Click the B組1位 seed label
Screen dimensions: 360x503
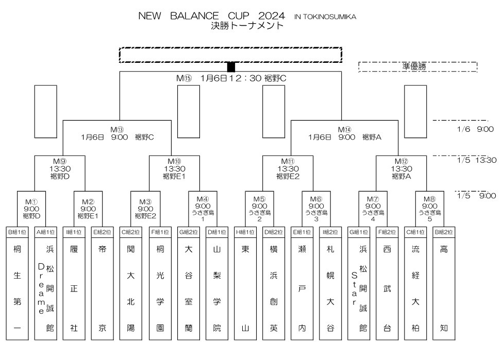coord(18,231)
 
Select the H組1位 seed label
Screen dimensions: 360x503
coord(245,231)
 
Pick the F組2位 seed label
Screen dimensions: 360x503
coord(387,231)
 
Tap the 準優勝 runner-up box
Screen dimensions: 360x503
coord(417,66)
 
